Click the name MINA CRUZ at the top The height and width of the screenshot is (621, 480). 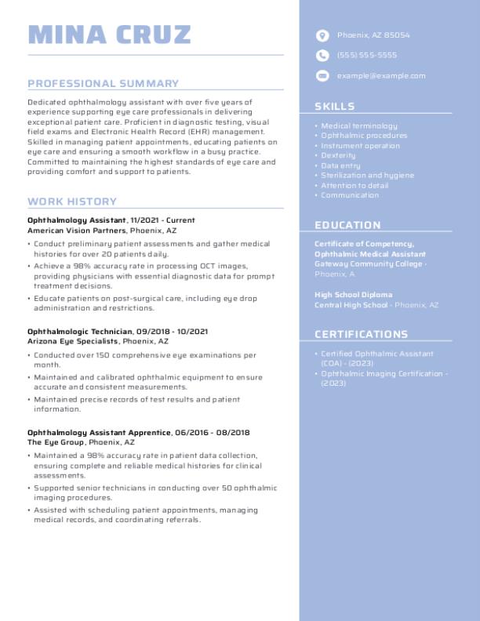[x=109, y=34]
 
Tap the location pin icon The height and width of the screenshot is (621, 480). [x=322, y=35]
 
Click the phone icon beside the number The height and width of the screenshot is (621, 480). [x=322, y=56]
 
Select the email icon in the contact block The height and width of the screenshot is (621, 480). [x=322, y=76]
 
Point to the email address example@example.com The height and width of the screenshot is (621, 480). [x=381, y=76]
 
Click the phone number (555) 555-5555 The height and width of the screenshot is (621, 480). [x=366, y=56]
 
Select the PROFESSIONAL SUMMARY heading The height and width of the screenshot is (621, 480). [x=103, y=83]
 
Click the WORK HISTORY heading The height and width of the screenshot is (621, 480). [x=71, y=202]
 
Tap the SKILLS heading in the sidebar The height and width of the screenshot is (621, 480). [x=334, y=107]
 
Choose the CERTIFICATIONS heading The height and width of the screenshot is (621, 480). [x=361, y=334]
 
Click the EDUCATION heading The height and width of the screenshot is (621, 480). [x=347, y=225]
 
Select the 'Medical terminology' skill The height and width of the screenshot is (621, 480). [x=359, y=125]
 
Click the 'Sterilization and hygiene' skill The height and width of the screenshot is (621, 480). [x=367, y=176]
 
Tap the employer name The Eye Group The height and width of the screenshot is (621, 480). [x=56, y=443]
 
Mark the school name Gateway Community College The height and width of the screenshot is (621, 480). [x=369, y=264]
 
